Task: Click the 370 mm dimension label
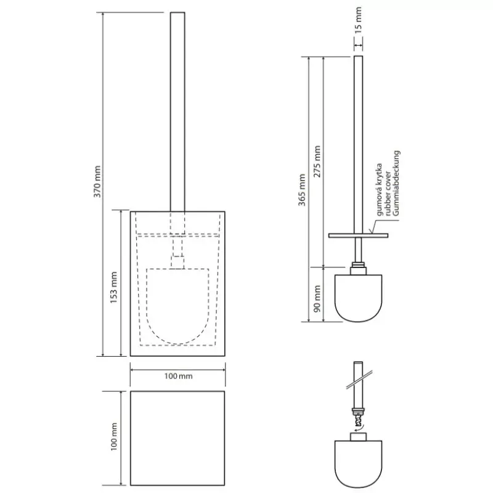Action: tap(98, 181)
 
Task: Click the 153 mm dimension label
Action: tap(113, 288)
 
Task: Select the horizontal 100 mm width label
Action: tap(178, 376)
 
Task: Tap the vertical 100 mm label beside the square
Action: tap(114, 437)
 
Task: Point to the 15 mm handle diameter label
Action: tap(358, 20)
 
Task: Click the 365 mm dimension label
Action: tap(302, 190)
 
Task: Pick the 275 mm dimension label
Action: tap(317, 161)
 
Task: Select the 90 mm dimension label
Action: tap(317, 299)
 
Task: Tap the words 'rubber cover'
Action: tap(388, 194)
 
